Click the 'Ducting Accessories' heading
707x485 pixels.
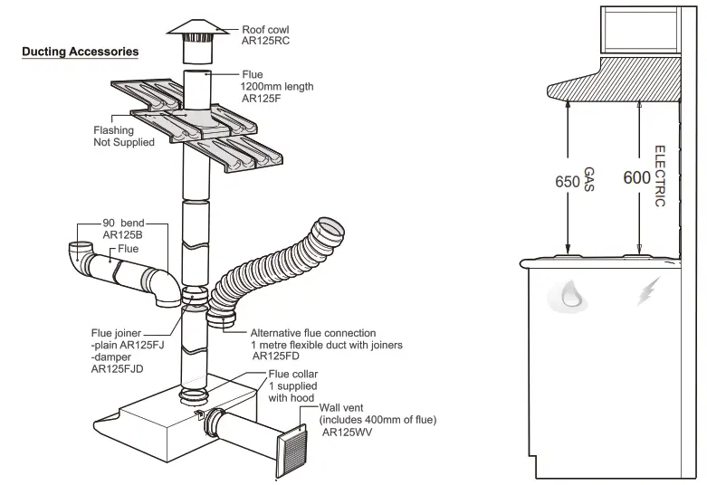[x=81, y=52]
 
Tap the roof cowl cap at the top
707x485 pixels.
[x=196, y=27]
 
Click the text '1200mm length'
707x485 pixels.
[x=277, y=87]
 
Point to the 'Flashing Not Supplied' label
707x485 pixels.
[x=124, y=136]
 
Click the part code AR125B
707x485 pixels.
[x=123, y=234]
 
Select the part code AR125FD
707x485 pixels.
[x=278, y=357]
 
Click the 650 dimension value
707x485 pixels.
[x=567, y=181]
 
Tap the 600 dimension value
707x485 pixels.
[x=637, y=177]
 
